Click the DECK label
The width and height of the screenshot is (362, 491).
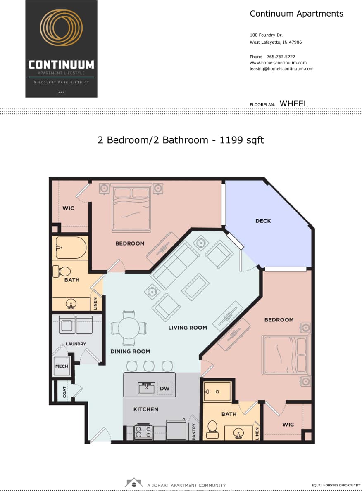(x=263, y=221)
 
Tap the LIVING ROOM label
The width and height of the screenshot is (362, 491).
(x=187, y=328)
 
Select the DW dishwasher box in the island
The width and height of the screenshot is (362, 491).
(x=164, y=389)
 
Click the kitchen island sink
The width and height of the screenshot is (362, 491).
(x=145, y=388)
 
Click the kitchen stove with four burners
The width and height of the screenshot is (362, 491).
(x=143, y=432)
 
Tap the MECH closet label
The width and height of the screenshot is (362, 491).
(x=61, y=366)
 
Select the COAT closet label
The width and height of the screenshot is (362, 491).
(x=65, y=392)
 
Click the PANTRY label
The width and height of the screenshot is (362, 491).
(x=194, y=431)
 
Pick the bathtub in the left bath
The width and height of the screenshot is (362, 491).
(x=71, y=248)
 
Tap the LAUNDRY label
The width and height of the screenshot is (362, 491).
(x=76, y=344)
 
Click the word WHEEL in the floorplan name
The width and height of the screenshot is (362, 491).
(x=293, y=104)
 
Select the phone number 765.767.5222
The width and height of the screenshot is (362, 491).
(x=281, y=57)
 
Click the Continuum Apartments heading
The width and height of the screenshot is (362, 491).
(x=296, y=14)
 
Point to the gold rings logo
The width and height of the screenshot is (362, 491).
(x=61, y=28)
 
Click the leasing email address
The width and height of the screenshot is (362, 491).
(x=281, y=69)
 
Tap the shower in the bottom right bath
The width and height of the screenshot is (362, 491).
(x=217, y=391)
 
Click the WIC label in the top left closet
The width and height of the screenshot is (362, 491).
(x=68, y=208)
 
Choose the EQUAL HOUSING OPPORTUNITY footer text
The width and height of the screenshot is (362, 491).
(x=336, y=485)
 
